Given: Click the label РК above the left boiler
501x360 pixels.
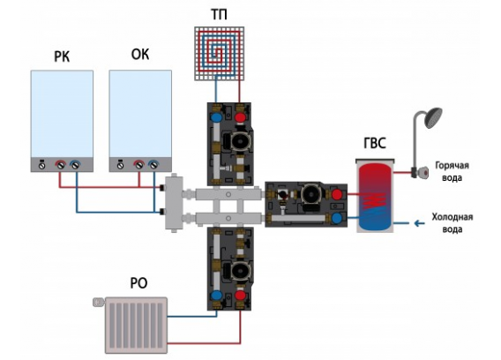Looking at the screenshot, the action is [x=62, y=56].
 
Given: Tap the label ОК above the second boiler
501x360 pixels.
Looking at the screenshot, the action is [x=140, y=55].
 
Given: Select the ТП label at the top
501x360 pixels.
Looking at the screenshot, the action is [x=219, y=15].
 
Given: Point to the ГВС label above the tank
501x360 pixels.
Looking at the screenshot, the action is [x=375, y=143].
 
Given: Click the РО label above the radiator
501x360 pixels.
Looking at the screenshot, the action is [x=139, y=283].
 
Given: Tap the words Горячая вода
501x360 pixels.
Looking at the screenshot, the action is [x=452, y=171].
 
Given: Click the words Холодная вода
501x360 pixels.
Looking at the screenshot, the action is [x=452, y=223].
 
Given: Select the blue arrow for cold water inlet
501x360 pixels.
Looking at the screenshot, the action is [x=419, y=223].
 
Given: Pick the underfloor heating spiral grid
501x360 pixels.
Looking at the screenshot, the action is [x=219, y=53].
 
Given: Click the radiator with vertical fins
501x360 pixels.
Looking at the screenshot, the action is [x=136, y=326].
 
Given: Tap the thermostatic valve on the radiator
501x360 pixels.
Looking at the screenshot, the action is [x=99, y=302].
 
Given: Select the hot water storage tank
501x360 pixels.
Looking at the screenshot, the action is [x=375, y=196].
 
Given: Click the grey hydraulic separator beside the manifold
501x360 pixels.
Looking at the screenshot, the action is [x=174, y=202].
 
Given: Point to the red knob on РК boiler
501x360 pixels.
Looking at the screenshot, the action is [x=60, y=165].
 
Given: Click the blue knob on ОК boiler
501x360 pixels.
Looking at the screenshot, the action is [x=154, y=165].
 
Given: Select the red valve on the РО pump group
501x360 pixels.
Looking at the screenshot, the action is [x=240, y=295].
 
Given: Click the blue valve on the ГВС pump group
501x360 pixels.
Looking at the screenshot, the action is [x=336, y=218].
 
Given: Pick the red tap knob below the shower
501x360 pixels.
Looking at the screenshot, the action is [x=424, y=173].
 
